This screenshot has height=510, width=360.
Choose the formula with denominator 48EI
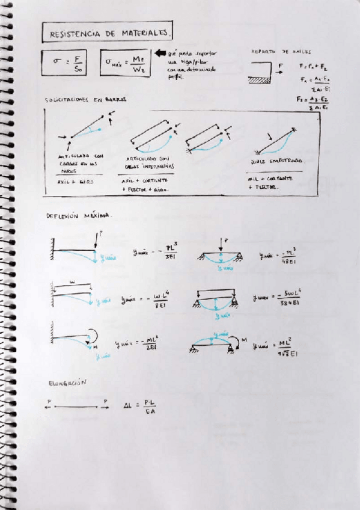(278, 255)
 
